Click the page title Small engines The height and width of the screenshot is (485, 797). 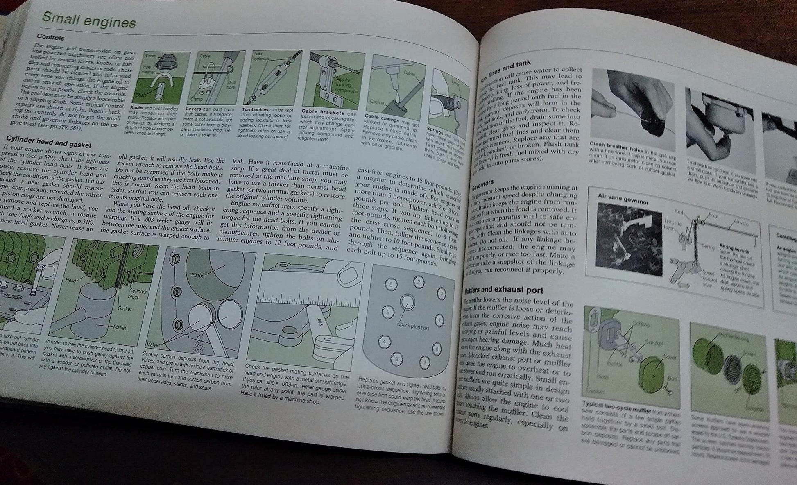[89, 20]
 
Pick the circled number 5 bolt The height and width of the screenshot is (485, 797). [391, 284]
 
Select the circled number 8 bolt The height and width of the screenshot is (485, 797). [388, 312]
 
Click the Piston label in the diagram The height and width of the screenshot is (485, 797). [198, 275]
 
